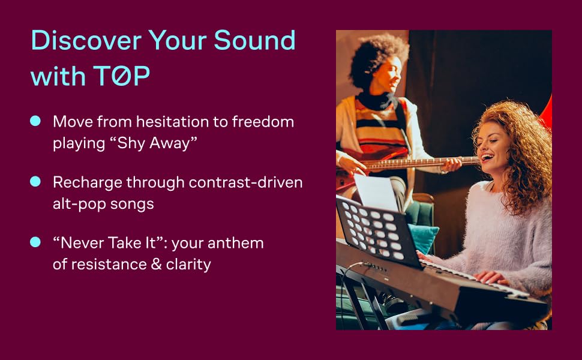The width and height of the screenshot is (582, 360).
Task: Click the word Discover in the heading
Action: (x=86, y=40)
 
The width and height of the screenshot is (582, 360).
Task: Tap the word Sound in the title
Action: (x=254, y=40)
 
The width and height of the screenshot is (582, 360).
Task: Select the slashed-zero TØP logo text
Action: (x=121, y=76)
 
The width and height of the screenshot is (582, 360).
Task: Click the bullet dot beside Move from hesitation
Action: (x=35, y=121)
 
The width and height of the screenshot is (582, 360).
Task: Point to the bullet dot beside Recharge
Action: (x=35, y=181)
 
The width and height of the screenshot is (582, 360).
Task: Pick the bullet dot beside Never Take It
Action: (x=35, y=242)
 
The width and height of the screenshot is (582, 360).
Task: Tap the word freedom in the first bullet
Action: (x=263, y=122)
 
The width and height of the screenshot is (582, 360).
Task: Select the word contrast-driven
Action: (x=245, y=182)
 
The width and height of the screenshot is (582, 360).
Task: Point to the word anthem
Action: (x=235, y=244)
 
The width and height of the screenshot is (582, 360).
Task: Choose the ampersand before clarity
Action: (x=156, y=264)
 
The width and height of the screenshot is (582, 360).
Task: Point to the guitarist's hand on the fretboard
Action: (x=451, y=164)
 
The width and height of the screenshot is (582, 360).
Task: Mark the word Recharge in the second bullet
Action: (x=87, y=182)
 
